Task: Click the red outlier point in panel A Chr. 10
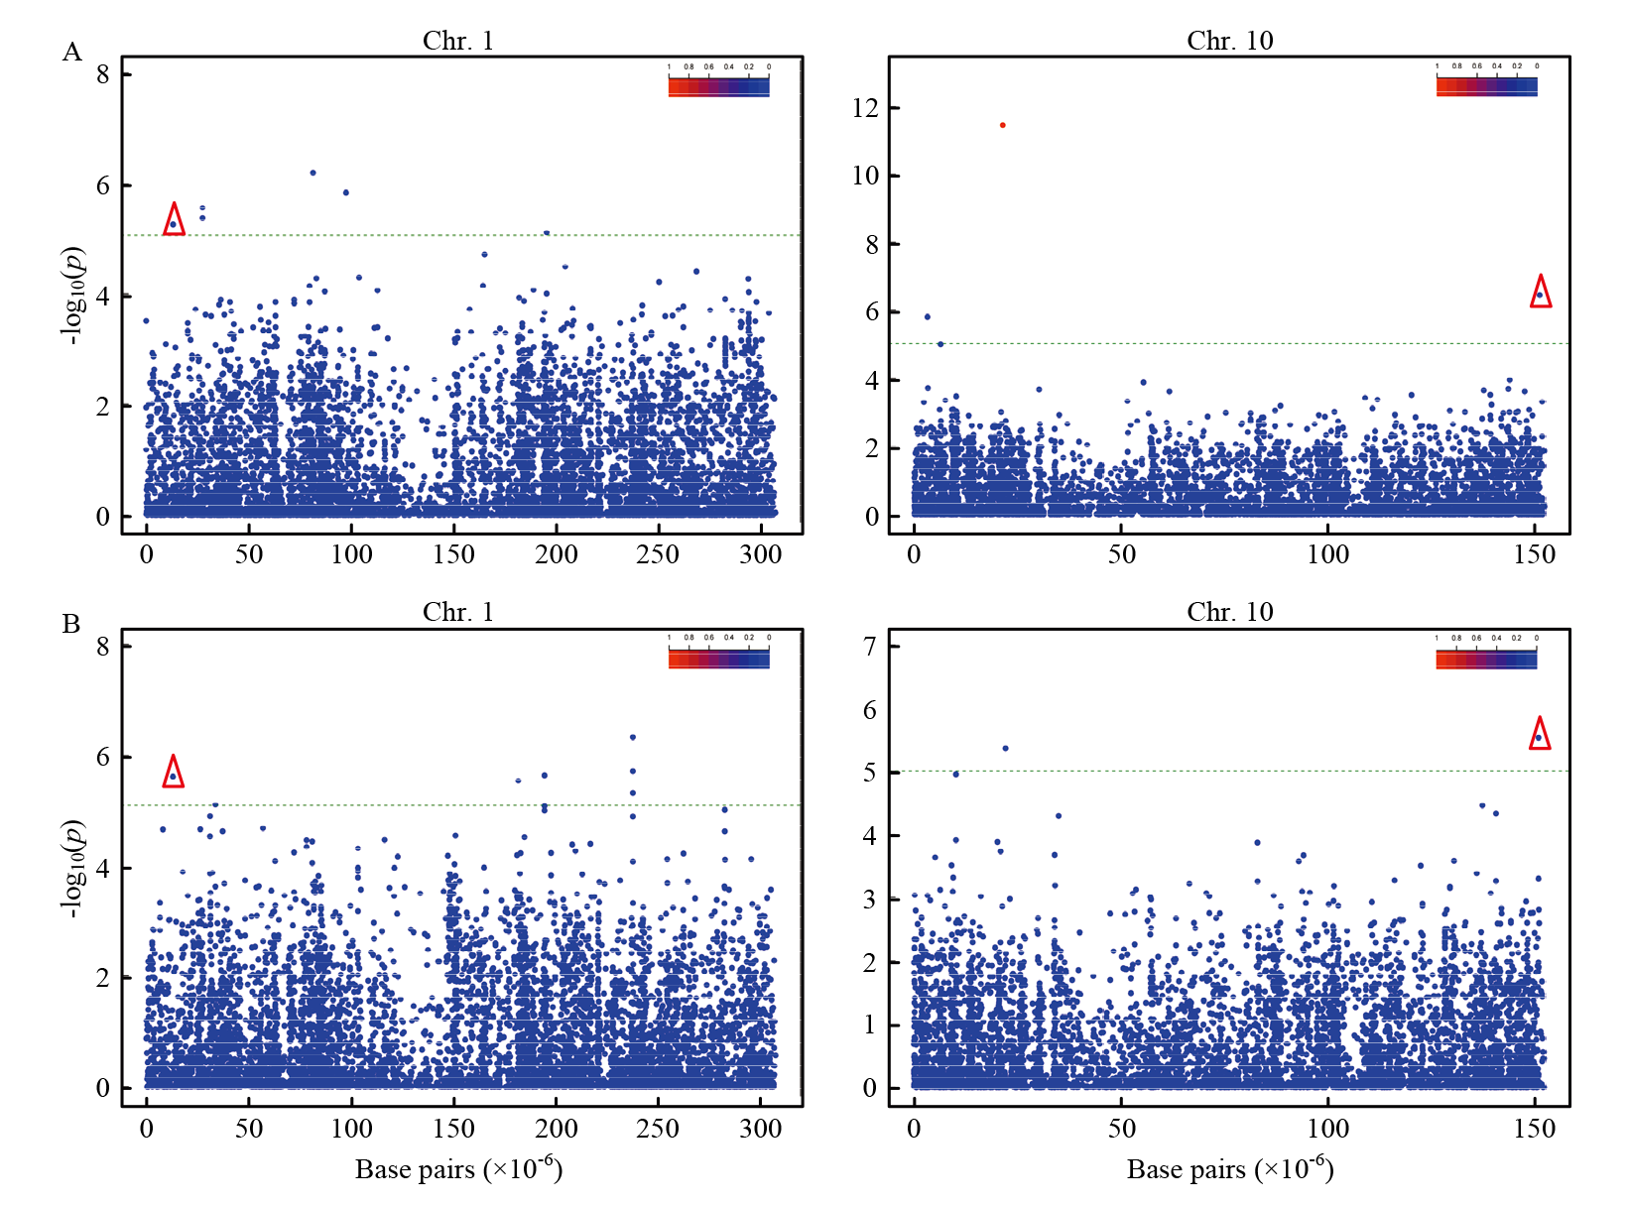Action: (1003, 125)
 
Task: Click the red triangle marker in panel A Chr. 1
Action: (174, 220)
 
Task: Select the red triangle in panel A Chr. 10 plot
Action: (1540, 292)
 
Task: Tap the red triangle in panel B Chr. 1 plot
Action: (174, 772)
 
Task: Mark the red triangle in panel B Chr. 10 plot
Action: (1539, 734)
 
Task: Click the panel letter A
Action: (71, 52)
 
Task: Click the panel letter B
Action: (71, 624)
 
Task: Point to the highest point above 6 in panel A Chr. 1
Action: (313, 173)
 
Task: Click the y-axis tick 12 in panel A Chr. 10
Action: (865, 108)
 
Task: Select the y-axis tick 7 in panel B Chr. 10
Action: (870, 647)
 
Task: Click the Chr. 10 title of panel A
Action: (1229, 40)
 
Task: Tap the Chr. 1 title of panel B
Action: (457, 612)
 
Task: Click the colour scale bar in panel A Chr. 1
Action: (719, 86)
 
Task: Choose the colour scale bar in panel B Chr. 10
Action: (1486, 659)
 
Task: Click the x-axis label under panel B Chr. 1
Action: (458, 1170)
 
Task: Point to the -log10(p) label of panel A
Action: (72, 296)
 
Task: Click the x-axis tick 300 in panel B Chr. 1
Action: (760, 1128)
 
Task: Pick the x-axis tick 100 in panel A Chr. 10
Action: (1327, 554)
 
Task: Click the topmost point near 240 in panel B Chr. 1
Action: (633, 737)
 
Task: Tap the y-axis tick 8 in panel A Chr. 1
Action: (102, 74)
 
